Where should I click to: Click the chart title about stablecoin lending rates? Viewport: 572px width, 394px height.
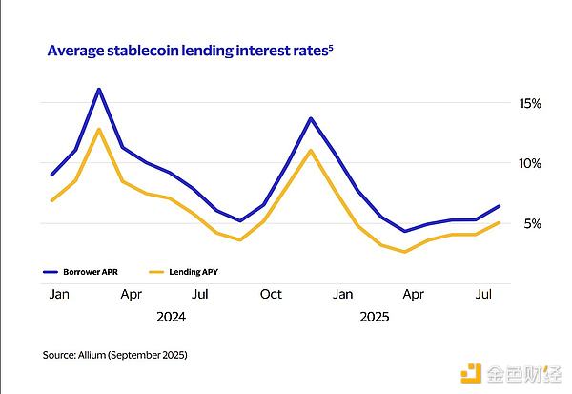187,50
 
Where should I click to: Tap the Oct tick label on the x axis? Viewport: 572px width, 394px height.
272,295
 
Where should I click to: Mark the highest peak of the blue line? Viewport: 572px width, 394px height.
99,89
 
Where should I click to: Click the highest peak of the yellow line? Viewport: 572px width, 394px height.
99,129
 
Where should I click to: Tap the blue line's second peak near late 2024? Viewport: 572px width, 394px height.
311,118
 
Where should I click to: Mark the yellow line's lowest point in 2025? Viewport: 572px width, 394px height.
405,252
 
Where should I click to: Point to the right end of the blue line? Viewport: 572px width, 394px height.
500,206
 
